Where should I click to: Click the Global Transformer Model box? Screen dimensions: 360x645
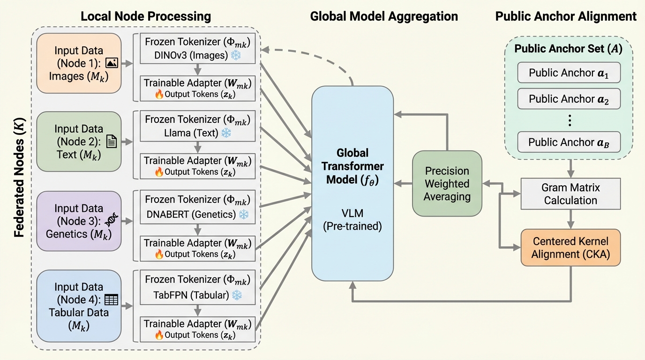point(352,183)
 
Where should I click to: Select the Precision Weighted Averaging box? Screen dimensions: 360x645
point(447,183)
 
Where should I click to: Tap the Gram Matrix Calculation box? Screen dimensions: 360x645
point(570,194)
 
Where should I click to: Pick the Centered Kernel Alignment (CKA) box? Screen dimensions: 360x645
point(570,247)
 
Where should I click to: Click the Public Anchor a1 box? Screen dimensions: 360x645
point(569,73)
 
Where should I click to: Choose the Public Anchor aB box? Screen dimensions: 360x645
point(569,142)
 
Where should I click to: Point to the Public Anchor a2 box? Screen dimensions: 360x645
point(569,99)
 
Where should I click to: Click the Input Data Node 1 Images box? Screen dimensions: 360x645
point(79,63)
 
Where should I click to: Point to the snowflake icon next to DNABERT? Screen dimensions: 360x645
point(243,214)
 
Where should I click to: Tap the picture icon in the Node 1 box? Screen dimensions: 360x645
point(112,63)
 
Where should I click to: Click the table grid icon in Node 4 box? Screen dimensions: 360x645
point(111,300)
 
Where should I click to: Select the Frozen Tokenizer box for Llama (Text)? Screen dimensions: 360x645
point(197,126)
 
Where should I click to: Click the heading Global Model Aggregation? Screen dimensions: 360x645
point(383,16)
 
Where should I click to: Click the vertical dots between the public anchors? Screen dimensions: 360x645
point(570,120)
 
